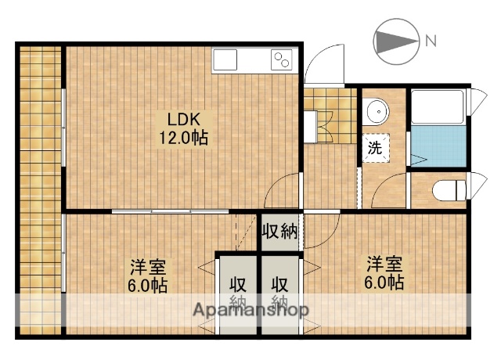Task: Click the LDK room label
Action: click(x=184, y=119)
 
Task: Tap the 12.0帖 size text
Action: click(x=184, y=138)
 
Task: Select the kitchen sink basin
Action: click(x=225, y=59)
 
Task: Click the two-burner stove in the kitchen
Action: click(x=282, y=59)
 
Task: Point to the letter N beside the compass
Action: click(x=431, y=41)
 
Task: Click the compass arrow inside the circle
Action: click(x=396, y=41)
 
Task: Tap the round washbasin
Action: click(x=377, y=112)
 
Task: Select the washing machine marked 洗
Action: click(x=376, y=148)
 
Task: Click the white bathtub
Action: click(x=438, y=107)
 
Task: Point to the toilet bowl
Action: click(x=449, y=190)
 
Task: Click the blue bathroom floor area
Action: click(x=438, y=146)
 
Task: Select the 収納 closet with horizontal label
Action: click(x=279, y=232)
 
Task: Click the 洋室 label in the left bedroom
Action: click(x=148, y=267)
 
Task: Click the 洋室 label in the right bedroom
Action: click(x=384, y=264)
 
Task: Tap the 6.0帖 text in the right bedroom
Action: click(x=384, y=283)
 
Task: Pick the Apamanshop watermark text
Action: click(x=251, y=310)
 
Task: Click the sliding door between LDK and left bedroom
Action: click(x=171, y=211)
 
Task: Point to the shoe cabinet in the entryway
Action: click(x=310, y=127)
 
